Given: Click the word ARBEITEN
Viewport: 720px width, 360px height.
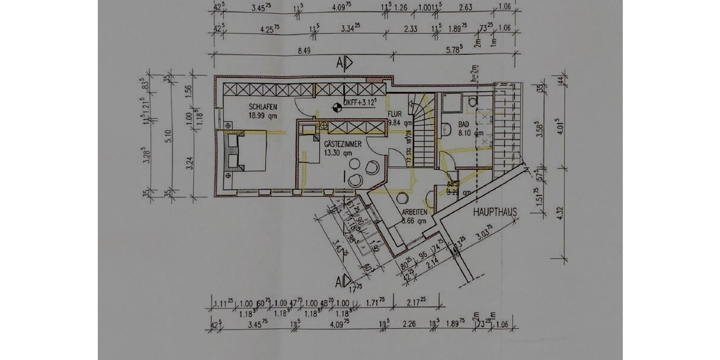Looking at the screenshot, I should (x=415, y=212).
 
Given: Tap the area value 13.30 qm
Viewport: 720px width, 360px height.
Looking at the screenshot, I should (x=337, y=154).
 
